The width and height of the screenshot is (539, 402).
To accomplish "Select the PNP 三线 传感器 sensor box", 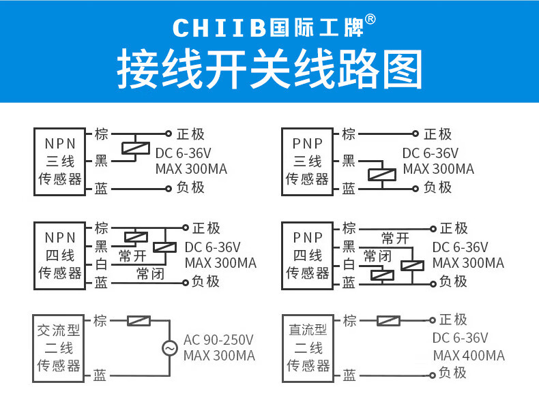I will (x=308, y=161).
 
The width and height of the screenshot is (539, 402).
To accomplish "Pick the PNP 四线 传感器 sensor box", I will (x=308, y=256).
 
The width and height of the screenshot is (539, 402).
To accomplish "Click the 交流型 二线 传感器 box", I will (x=59, y=348).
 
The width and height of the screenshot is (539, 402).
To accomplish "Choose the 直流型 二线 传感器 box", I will (x=308, y=348).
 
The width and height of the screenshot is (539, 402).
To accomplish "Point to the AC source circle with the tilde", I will (x=169, y=349).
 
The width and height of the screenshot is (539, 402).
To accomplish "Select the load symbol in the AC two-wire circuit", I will (x=139, y=320).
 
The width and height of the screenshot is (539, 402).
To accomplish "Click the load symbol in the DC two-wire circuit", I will (x=389, y=320).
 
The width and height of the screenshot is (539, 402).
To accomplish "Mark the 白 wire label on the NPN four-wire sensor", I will (x=100, y=264).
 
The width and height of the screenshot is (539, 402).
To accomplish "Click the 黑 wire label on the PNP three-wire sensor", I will (x=349, y=161).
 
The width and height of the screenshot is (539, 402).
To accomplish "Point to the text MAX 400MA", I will (x=469, y=356).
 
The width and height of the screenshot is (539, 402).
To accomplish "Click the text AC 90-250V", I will (x=218, y=339).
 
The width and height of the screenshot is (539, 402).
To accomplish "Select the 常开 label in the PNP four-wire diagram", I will (x=396, y=238).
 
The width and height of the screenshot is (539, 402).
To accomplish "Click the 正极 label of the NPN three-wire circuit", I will (x=190, y=134).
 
